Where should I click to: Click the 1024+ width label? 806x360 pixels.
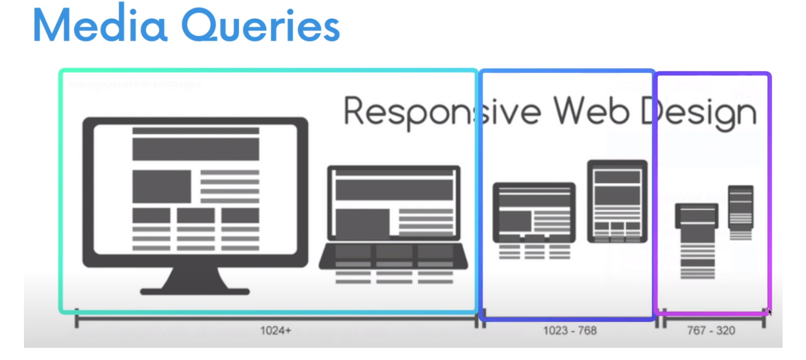pyautogui.click(x=275, y=331)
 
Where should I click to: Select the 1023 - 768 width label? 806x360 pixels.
pyautogui.click(x=570, y=331)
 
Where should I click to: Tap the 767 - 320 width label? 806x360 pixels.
pyautogui.click(x=711, y=331)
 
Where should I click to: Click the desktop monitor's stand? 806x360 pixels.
pyautogui.click(x=195, y=281)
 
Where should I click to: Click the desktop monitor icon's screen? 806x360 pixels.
pyautogui.click(x=195, y=189)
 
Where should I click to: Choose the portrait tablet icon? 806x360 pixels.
pyautogui.click(x=617, y=201)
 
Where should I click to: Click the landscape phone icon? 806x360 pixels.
pyautogui.click(x=697, y=216)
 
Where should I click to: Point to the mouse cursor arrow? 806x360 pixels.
pyautogui.click(x=769, y=312)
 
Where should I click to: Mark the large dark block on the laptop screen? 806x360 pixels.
pyautogui.click(x=393, y=190)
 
